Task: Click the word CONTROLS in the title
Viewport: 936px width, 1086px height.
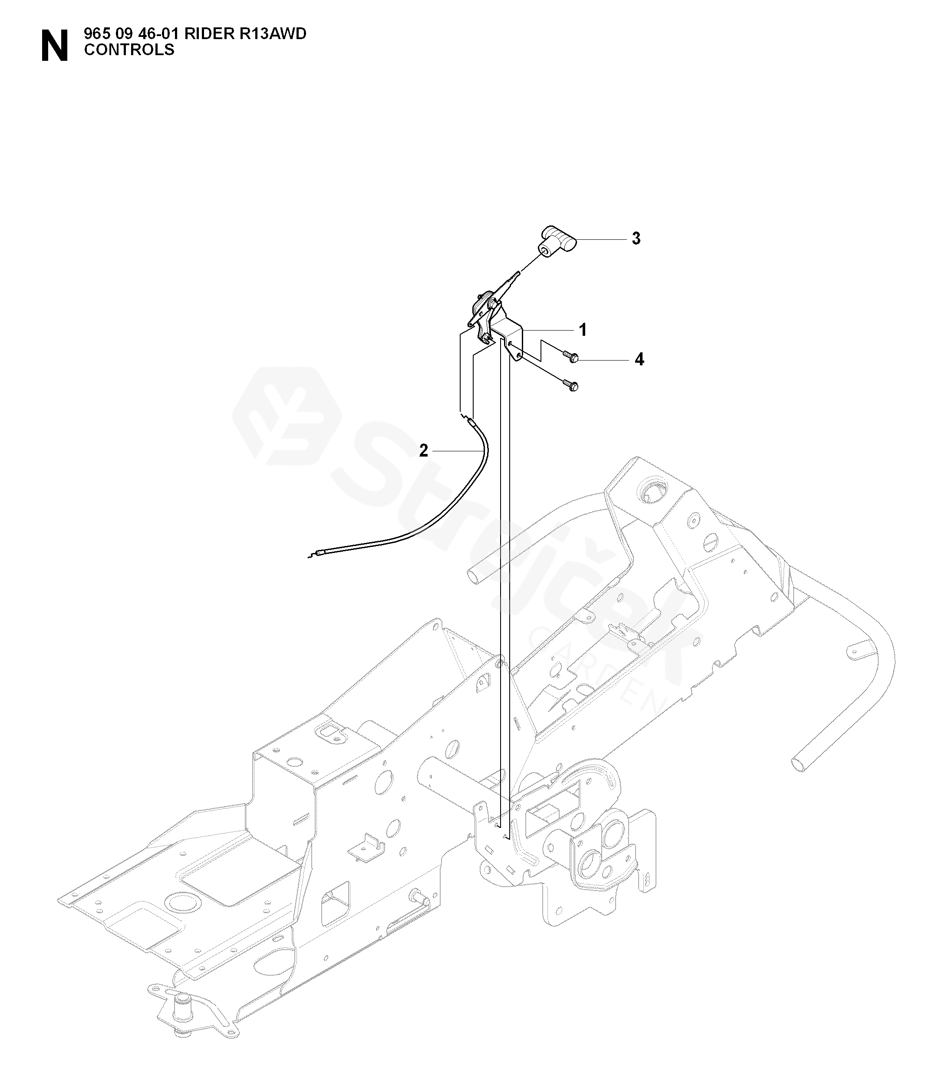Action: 129,50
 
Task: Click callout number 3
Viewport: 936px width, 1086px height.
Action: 636,238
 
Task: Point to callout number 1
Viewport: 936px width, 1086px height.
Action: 583,330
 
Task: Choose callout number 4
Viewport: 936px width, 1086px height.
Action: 639,360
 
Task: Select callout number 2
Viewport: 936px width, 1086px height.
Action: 423,450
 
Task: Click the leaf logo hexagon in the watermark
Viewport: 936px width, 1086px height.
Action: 287,416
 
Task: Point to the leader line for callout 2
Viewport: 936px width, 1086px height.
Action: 456,450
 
